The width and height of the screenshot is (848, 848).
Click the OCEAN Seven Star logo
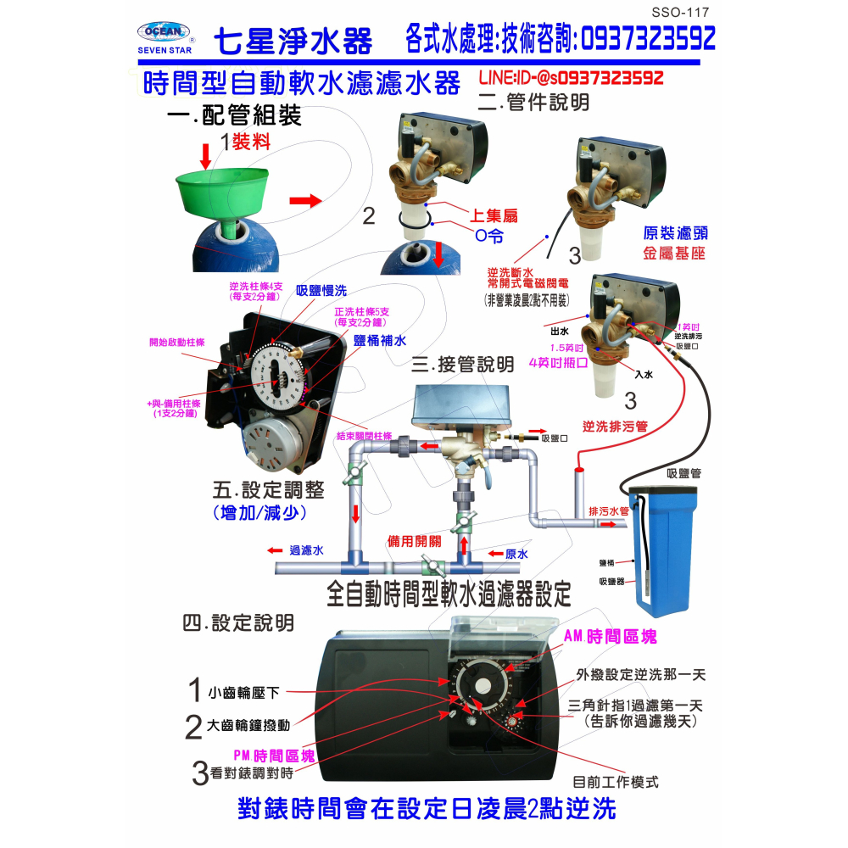(x=166, y=37)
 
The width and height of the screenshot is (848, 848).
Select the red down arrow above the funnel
(x=206, y=155)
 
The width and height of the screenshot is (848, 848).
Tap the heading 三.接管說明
(x=462, y=365)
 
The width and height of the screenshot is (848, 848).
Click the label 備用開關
(x=411, y=540)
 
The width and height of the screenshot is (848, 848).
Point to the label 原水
(x=516, y=554)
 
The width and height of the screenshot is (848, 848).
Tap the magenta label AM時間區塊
(x=611, y=635)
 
